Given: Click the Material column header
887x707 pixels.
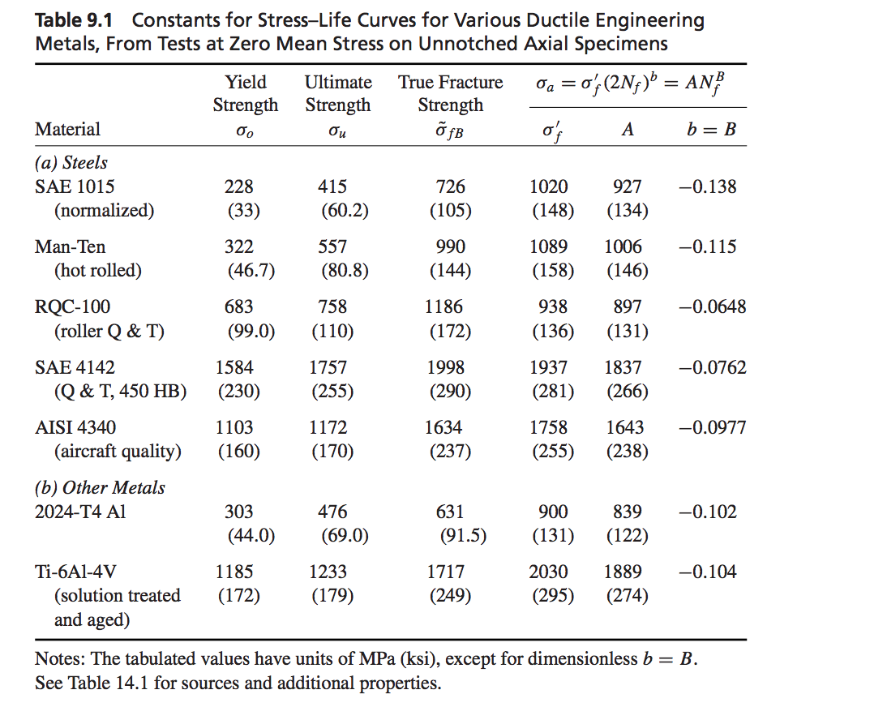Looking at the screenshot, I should (67, 129).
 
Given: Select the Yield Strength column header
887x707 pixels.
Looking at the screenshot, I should (245, 94).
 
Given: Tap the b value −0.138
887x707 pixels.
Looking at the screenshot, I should (707, 186).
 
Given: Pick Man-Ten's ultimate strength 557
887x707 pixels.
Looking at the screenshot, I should (332, 246).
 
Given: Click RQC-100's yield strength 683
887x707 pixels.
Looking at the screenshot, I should (238, 306).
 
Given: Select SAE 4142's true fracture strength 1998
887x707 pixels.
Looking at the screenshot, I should (445, 367).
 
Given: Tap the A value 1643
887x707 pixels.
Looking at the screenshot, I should (623, 427).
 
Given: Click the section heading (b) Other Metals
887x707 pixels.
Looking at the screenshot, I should (100, 487).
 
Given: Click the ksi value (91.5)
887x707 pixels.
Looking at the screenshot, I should (462, 535).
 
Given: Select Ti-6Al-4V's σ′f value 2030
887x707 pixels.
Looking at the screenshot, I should (548, 572).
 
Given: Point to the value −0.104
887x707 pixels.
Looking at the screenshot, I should (707, 572).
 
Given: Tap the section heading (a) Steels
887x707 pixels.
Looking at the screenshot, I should (71, 162).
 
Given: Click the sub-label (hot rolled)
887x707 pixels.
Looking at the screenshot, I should (97, 271).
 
